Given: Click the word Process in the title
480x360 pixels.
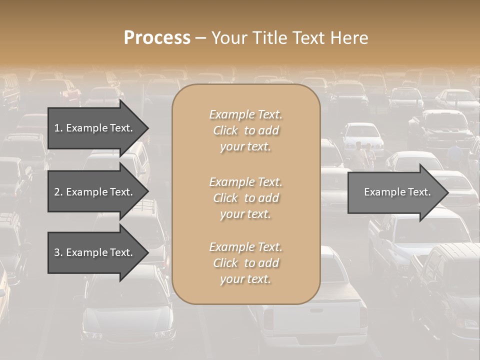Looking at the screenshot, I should pyautogui.click(x=157, y=38).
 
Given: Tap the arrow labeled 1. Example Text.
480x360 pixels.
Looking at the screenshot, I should pyautogui.click(x=95, y=128).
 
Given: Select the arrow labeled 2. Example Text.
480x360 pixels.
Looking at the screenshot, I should pyautogui.click(x=95, y=192).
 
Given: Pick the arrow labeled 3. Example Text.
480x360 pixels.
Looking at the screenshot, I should pyautogui.click(x=95, y=252).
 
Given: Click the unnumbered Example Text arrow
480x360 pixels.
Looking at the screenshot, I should pyautogui.click(x=395, y=192).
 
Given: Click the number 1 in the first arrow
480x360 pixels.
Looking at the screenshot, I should pyautogui.click(x=57, y=128).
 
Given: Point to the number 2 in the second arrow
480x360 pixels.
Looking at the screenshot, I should pyautogui.click(x=57, y=192).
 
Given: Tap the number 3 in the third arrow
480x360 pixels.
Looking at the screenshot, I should pyautogui.click(x=57, y=252).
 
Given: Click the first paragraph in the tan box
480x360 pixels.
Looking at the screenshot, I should pyautogui.click(x=246, y=130).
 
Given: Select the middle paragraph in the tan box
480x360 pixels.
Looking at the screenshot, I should pyautogui.click(x=246, y=198).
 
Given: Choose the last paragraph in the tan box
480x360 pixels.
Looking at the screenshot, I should pyautogui.click(x=246, y=263).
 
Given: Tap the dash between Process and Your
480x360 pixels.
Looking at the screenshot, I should pyautogui.click(x=200, y=38).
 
